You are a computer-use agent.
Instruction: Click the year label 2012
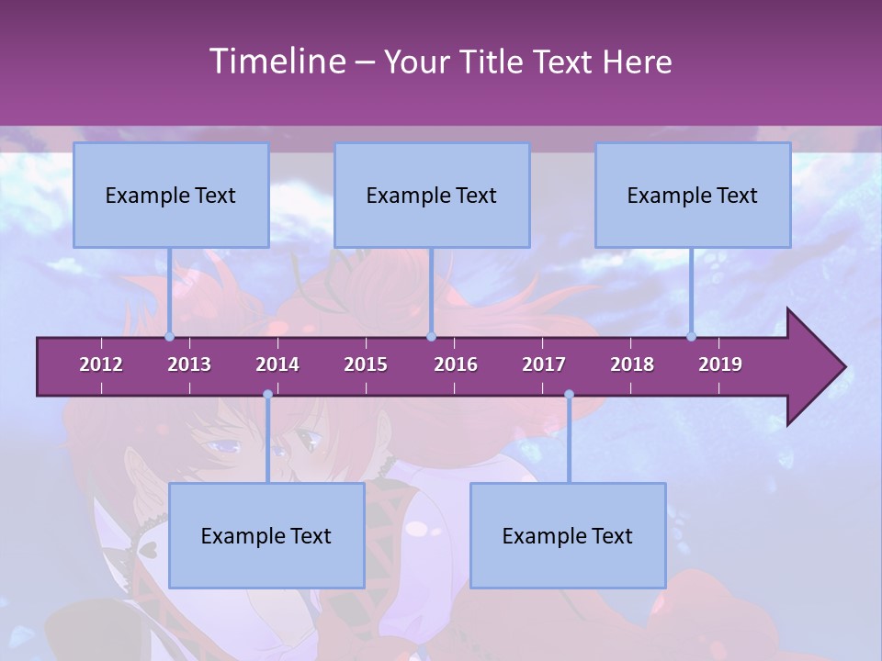pos(101,364)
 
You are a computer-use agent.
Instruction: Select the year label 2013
pos(189,364)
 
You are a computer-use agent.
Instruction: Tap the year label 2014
pos(277,364)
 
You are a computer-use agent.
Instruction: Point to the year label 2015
pos(366,364)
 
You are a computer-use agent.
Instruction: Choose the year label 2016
pos(456,364)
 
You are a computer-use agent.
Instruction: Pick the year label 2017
pos(544,364)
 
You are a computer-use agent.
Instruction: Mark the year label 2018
pos(632,364)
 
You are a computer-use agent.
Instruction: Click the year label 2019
pos(720,364)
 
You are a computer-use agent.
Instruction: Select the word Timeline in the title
pos(275,62)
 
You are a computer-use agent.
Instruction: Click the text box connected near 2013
pos(171,195)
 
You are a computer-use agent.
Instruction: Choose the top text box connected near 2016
pos(432,195)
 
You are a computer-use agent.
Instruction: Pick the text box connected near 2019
pos(693,195)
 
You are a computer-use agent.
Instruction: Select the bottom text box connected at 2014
pos(266,535)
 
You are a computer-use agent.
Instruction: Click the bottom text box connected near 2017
pos(568,535)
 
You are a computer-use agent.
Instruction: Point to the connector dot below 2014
pos(267,395)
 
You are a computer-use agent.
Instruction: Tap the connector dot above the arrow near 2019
pos(692,336)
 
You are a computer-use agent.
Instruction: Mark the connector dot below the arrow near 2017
pos(569,395)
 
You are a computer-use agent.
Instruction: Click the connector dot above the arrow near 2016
pos(431,336)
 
